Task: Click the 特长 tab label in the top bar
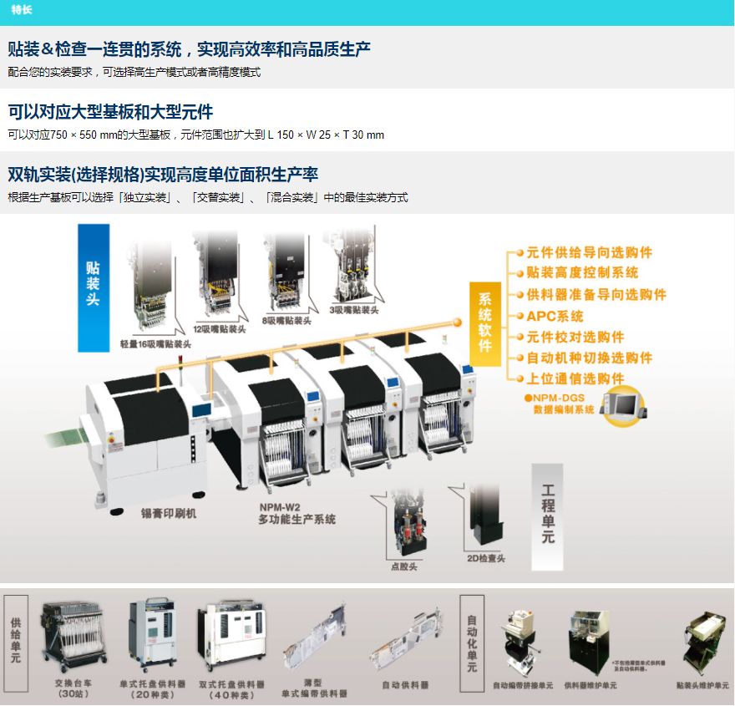(22, 10)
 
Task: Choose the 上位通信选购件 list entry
(575, 378)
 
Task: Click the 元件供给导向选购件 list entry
(589, 252)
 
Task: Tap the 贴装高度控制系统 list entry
(582, 273)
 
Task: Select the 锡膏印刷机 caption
(169, 514)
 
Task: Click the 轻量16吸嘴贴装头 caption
(155, 343)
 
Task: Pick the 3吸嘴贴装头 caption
(354, 309)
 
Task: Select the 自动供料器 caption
(405, 684)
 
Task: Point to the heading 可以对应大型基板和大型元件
(110, 112)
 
